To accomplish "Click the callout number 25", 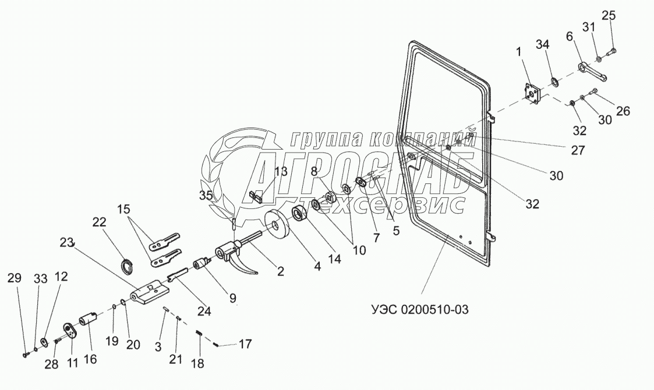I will click(x=608, y=15).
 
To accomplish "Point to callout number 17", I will click(x=245, y=344).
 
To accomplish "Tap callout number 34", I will click(x=543, y=45).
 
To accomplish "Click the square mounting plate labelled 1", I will click(x=531, y=95).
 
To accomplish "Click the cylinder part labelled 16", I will click(x=88, y=320).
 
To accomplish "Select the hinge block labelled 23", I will click(x=149, y=293).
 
